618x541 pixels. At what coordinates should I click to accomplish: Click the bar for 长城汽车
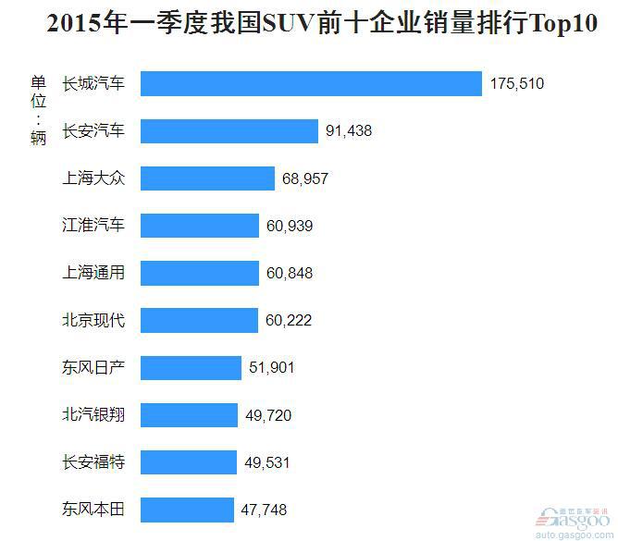pyautogui.click(x=312, y=84)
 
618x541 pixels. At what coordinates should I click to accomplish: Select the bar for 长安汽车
pyautogui.click(x=229, y=131)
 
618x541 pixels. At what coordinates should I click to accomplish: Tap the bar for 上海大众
pyautogui.click(x=208, y=178)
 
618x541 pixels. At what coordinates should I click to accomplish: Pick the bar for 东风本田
pyautogui.click(x=188, y=510)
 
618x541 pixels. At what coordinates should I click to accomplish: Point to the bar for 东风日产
pyautogui.click(x=192, y=368)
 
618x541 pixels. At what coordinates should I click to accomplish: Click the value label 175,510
pyautogui.click(x=517, y=84)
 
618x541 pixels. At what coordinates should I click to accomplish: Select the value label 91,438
pyautogui.click(x=349, y=131)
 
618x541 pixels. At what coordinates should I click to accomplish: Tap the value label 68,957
pyautogui.click(x=305, y=178)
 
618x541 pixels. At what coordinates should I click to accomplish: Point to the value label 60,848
pyautogui.click(x=290, y=274)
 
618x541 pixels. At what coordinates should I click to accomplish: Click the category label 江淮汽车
pyautogui.click(x=93, y=226)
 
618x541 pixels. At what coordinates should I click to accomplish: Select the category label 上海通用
pyautogui.click(x=93, y=273)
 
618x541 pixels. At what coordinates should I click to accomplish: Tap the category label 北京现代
pyautogui.click(x=93, y=321)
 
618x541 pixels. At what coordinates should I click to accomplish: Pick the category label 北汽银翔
pyautogui.click(x=93, y=415)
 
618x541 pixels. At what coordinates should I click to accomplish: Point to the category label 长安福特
pyautogui.click(x=93, y=462)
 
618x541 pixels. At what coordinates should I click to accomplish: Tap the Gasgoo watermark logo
pyautogui.click(x=573, y=520)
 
